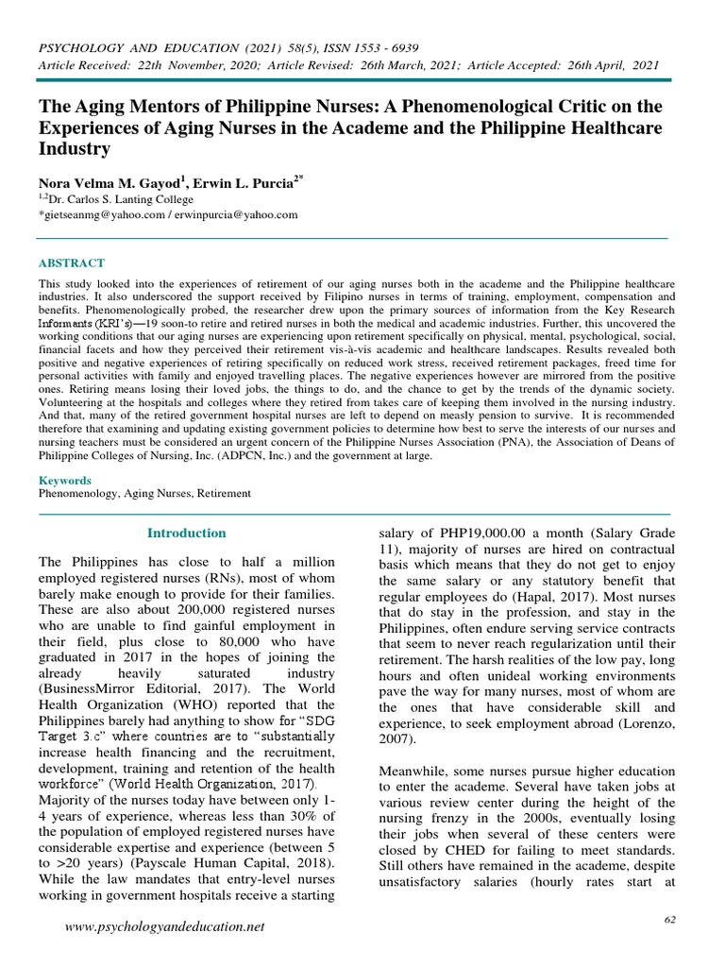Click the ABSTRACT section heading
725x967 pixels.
pyautogui.click(x=72, y=263)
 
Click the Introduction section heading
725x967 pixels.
pyautogui.click(x=187, y=533)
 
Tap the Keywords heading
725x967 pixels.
pyautogui.click(x=64, y=481)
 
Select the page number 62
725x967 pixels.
pyautogui.click(x=672, y=919)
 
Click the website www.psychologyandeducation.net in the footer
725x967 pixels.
pyautogui.click(x=165, y=928)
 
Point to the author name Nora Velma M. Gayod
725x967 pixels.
pyautogui.click(x=111, y=183)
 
